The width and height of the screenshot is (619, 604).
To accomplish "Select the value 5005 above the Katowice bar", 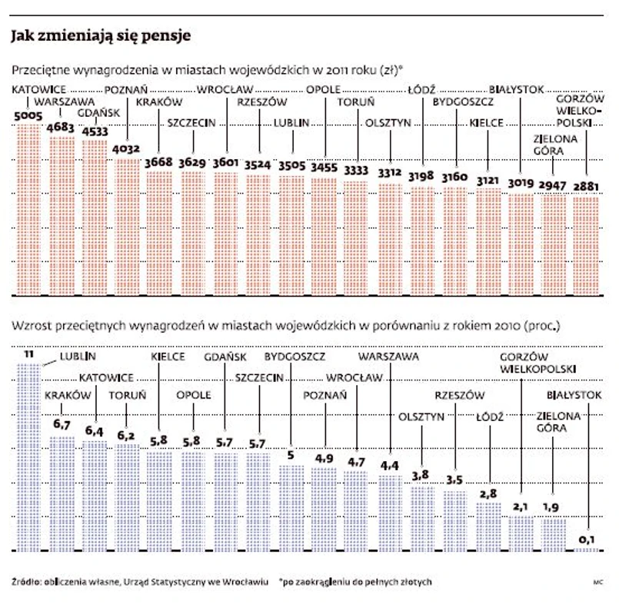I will pyautogui.click(x=29, y=116).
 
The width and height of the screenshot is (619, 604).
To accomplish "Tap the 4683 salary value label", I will pyautogui.click(x=62, y=128).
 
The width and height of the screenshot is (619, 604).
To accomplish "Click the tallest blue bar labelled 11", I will pyautogui.click(x=28, y=453).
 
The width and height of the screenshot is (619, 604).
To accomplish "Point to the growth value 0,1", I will pyautogui.click(x=587, y=541).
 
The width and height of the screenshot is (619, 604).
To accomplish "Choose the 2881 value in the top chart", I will pyautogui.click(x=587, y=185).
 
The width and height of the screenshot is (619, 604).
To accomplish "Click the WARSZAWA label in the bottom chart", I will pyautogui.click(x=388, y=357).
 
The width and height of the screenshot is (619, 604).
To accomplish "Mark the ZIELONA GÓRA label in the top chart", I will pyautogui.click(x=554, y=145).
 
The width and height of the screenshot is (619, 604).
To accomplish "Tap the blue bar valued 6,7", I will pyautogui.click(x=62, y=492).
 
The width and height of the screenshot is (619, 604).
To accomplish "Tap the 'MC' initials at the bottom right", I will pyautogui.click(x=597, y=582).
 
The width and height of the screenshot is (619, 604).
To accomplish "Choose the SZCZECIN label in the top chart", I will pyautogui.click(x=192, y=122).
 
